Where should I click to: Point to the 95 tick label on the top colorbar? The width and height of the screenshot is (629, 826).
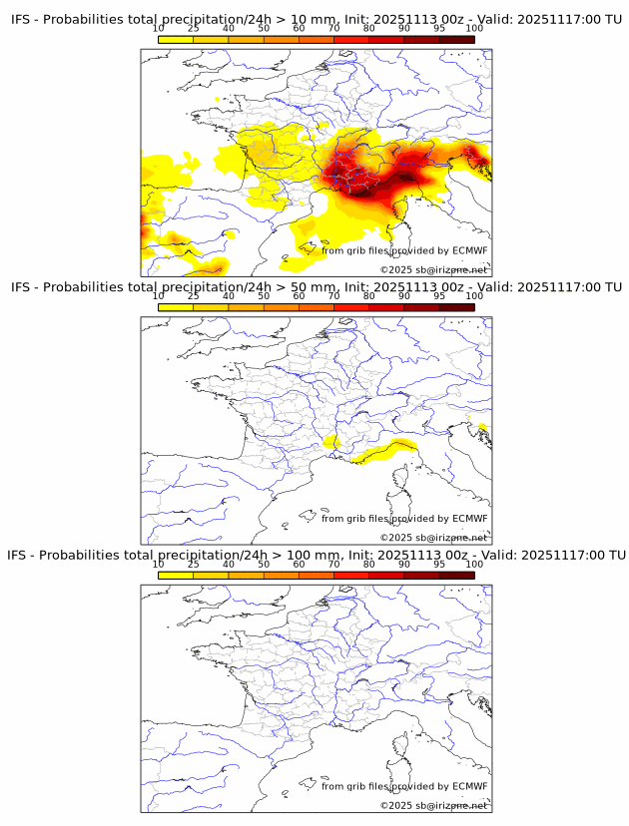[x=439, y=29]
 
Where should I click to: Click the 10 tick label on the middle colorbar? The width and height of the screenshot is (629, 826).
[x=159, y=296]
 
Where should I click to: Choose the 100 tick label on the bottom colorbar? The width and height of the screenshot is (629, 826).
[x=474, y=564]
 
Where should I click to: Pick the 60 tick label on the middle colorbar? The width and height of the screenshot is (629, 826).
[x=300, y=296]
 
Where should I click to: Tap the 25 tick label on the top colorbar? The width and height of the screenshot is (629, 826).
[x=194, y=29]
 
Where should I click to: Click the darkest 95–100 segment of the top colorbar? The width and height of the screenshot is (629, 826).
[x=456, y=39]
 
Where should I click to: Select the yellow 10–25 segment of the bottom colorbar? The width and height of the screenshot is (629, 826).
[x=176, y=574]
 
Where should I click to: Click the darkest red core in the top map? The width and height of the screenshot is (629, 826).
[x=404, y=179]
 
